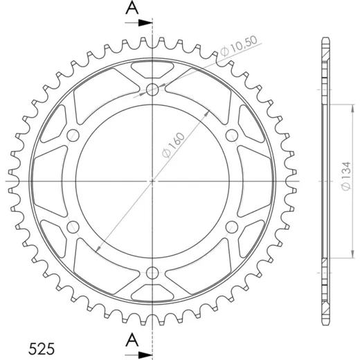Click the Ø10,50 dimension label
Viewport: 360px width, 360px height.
pos(238,46)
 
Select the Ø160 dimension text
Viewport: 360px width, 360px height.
pos(174,145)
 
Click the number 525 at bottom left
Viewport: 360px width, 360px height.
pos(42,349)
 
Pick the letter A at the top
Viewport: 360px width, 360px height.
pos(132,8)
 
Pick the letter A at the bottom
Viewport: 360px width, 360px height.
pos(132,340)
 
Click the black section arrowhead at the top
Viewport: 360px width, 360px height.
pos(145,23)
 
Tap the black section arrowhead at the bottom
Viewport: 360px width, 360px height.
pos(145,355)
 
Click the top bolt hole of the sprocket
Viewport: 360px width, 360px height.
pos(152,89)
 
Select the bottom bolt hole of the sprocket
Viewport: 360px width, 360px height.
pos(152,273)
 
